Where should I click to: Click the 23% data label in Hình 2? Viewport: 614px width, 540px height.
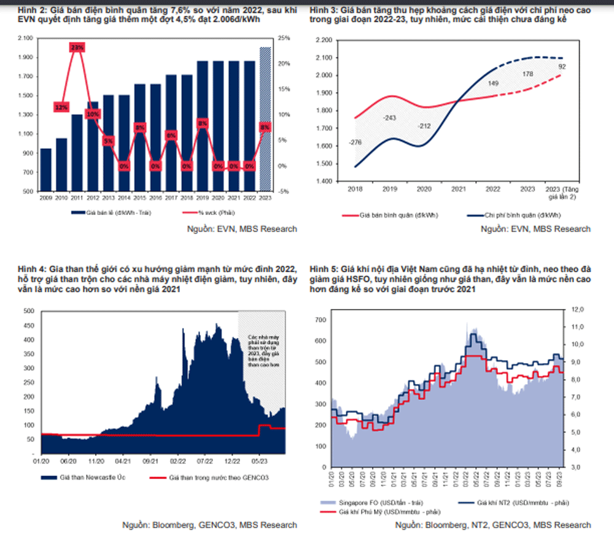pos(77,47)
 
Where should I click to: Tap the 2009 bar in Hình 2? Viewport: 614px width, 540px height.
pos(46,170)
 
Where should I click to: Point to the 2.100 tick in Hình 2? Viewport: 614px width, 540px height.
pos(25,38)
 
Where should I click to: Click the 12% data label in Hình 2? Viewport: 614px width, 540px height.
pos(61,108)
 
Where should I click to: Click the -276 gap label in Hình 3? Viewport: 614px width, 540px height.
pos(355,143)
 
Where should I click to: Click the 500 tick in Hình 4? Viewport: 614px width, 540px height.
pos(28,311)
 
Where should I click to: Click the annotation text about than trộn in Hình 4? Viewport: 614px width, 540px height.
pos(263,351)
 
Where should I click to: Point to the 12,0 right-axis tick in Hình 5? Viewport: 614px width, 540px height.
pos(578,310)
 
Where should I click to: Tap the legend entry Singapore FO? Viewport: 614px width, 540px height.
pos(374,502)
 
